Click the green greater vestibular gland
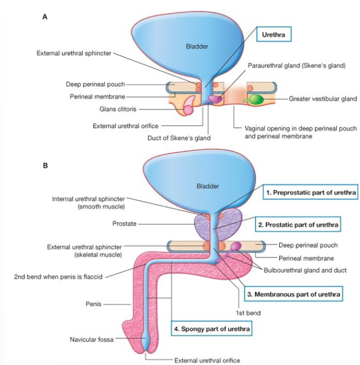point(255,99)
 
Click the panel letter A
point(44,17)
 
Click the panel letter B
point(44,164)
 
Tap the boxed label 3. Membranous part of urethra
point(292,294)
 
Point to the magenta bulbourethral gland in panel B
point(235,246)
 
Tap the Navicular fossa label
point(92,340)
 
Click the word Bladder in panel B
point(207,186)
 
